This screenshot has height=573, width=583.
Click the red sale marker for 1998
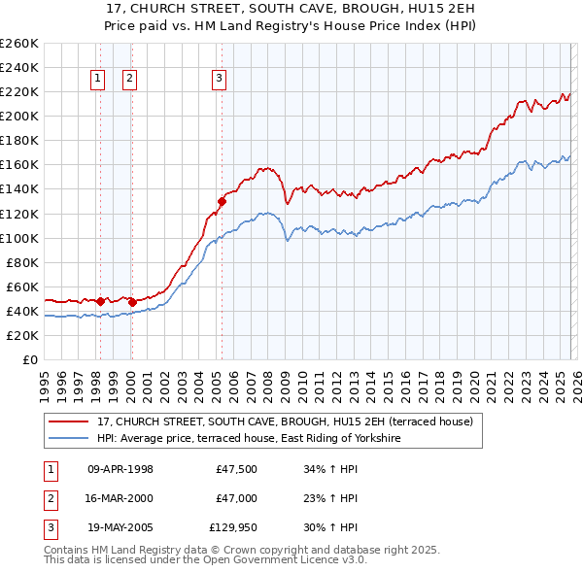(100, 301)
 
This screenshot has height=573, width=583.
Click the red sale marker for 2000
(132, 302)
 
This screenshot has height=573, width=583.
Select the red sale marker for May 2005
(222, 201)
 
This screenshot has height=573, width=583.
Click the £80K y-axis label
(21, 262)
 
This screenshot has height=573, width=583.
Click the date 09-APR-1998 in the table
(120, 469)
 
